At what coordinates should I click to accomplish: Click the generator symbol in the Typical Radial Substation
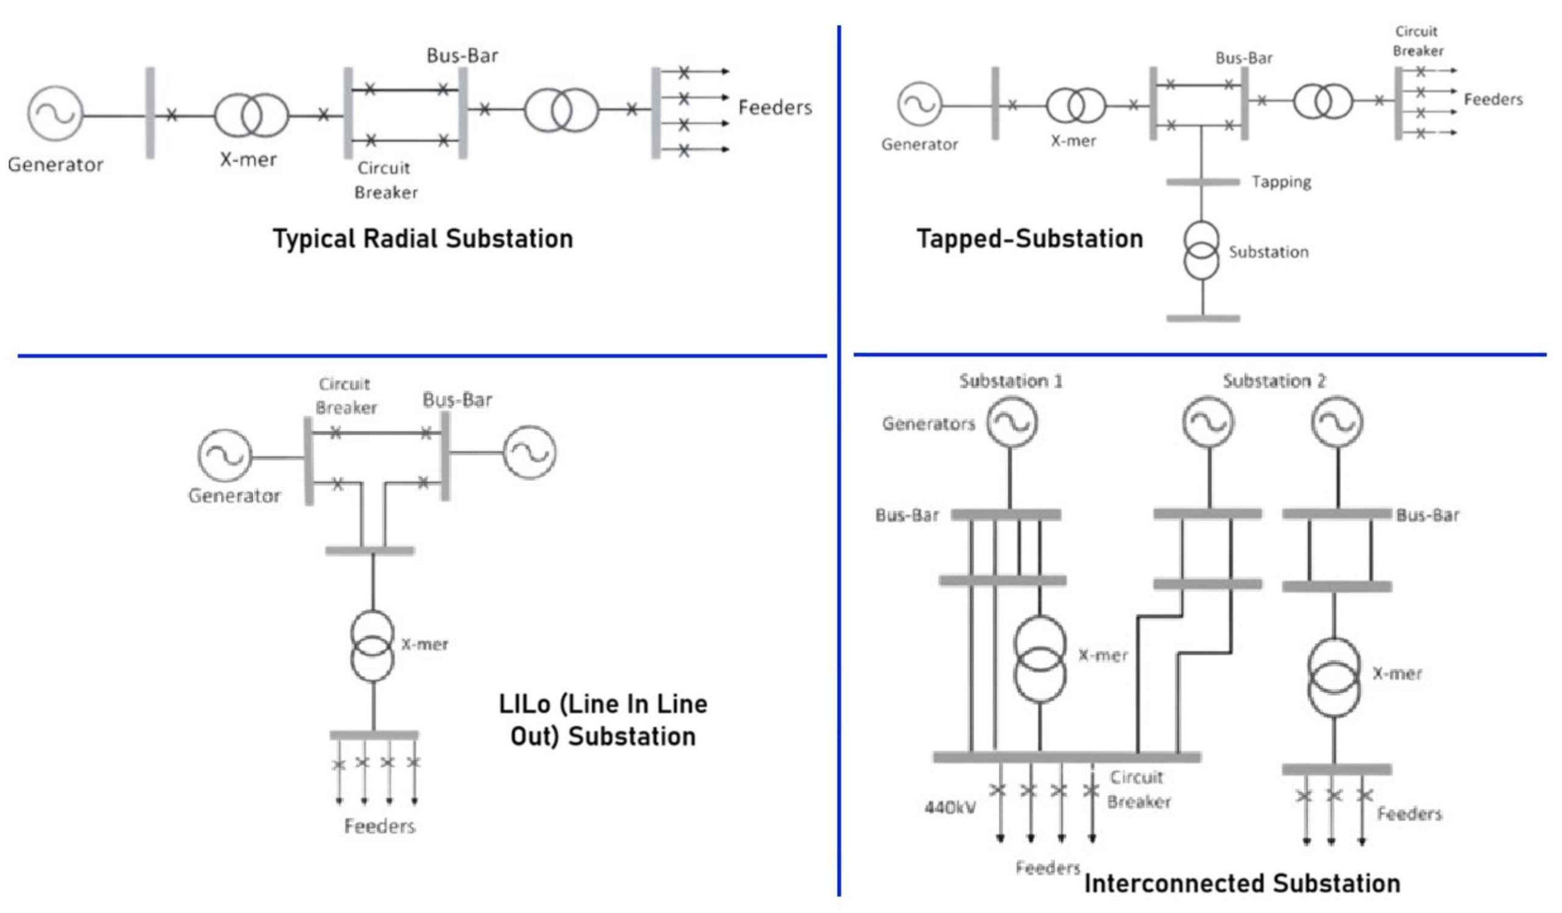(55, 114)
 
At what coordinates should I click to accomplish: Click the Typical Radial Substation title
(423, 239)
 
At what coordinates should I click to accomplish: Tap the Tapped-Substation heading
(1029, 239)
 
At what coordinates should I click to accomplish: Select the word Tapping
(1281, 182)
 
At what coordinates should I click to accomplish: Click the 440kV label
(949, 807)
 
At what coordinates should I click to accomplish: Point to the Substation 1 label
(1010, 381)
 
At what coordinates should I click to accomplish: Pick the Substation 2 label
(1274, 381)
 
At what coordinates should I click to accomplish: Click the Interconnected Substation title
(1242, 883)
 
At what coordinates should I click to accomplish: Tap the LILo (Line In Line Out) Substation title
(602, 720)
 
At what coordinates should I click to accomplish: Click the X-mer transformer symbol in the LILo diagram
(373, 646)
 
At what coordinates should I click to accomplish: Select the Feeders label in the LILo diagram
(380, 826)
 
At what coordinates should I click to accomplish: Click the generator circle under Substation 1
(1012, 422)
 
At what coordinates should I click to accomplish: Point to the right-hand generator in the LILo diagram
(530, 452)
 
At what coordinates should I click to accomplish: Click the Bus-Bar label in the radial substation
(462, 56)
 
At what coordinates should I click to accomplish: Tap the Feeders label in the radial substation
(775, 107)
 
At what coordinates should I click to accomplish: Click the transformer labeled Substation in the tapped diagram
(1201, 250)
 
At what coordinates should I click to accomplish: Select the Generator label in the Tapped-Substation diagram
(920, 145)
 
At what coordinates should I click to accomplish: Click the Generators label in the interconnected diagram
(928, 424)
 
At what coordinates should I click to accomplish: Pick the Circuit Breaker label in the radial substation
(385, 181)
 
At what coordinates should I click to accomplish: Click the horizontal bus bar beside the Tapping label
(1203, 182)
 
